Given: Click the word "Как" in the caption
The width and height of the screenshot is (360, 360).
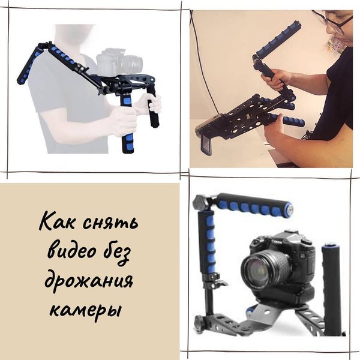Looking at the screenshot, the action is (x=56, y=221).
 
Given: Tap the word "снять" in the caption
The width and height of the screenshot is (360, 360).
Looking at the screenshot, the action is (x=110, y=223).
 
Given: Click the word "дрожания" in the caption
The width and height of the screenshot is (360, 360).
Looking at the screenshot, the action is (x=89, y=282).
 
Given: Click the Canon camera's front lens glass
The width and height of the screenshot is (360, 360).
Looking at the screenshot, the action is (x=256, y=269).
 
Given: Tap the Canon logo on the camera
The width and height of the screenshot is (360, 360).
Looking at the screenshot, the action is (x=277, y=241).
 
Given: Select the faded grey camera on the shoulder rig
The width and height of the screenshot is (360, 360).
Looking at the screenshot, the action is (x=119, y=62).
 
